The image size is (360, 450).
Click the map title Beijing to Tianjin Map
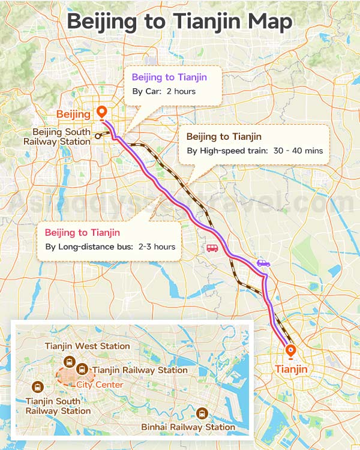click(x=179, y=22)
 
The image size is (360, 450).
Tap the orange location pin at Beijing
click(x=102, y=112)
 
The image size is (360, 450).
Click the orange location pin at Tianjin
click(x=291, y=351)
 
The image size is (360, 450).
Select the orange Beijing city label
click(x=73, y=114)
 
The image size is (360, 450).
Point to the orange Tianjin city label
click(x=291, y=369)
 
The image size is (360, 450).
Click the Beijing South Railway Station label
click(x=57, y=136)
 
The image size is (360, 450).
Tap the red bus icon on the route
click(x=212, y=248)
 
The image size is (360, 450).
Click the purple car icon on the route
click(x=263, y=263)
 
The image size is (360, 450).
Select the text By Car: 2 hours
click(x=164, y=92)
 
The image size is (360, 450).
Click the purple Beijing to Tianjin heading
click(x=169, y=77)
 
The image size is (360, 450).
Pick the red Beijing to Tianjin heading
click(x=82, y=232)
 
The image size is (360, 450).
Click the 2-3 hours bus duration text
click(x=157, y=247)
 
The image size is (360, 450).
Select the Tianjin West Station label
click(x=88, y=346)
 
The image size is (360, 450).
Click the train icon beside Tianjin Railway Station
click(x=82, y=369)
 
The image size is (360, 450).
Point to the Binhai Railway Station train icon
click(x=202, y=413)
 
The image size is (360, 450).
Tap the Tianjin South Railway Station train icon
click(x=39, y=387)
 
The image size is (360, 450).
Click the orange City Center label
click(x=100, y=385)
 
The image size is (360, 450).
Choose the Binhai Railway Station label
click(x=188, y=427)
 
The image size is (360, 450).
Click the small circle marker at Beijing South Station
click(x=97, y=136)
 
